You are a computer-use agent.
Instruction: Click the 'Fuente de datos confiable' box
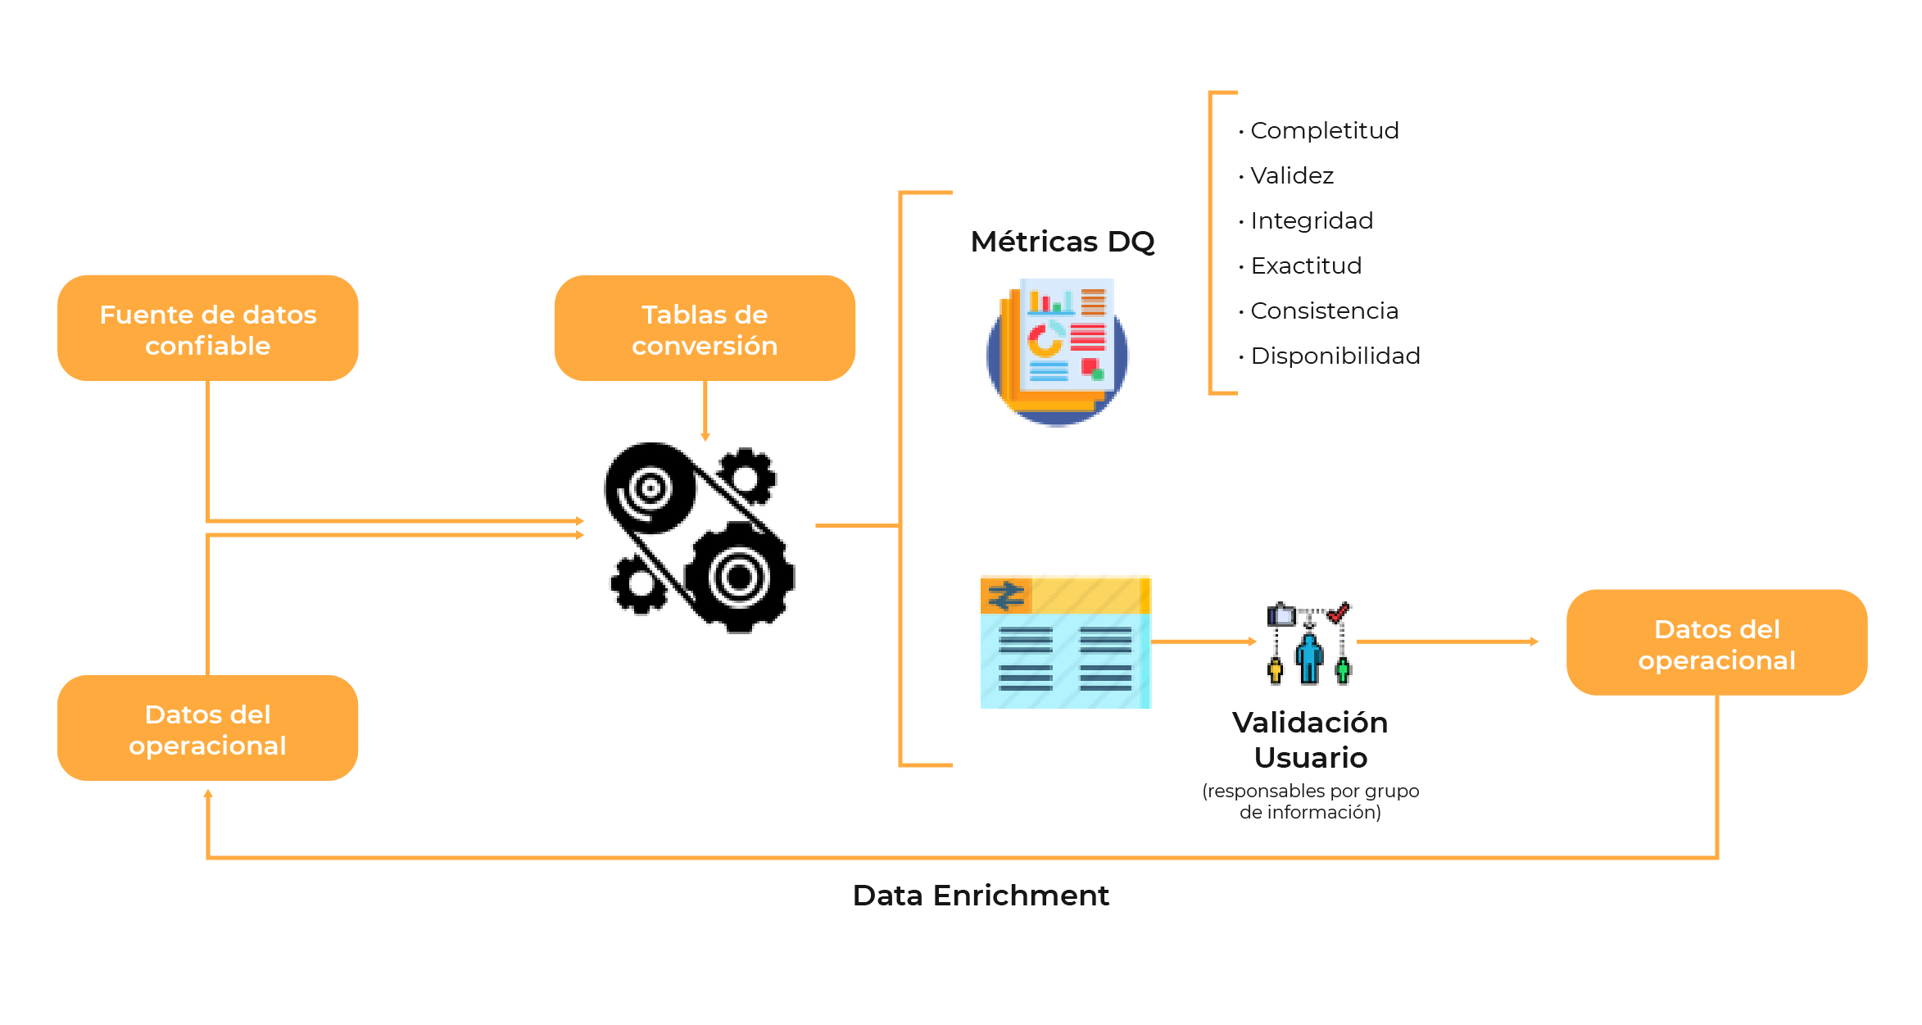click(207, 329)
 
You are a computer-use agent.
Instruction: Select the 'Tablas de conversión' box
click(705, 329)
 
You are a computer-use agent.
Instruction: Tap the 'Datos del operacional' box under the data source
click(207, 728)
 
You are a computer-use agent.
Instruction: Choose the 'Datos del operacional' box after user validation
click(1716, 643)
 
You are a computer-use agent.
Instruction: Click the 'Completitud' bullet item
click(1324, 130)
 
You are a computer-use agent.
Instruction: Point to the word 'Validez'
click(1292, 175)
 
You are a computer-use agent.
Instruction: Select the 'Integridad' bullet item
click(1312, 220)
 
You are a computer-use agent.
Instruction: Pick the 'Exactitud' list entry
click(1306, 265)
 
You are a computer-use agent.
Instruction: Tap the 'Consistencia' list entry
click(1324, 311)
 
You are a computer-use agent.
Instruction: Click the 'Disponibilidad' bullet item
click(1335, 356)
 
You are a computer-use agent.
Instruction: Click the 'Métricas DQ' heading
click(1063, 242)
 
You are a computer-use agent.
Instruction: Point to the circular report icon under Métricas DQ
click(1058, 352)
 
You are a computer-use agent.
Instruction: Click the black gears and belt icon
click(700, 537)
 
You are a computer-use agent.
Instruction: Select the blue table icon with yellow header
click(1065, 642)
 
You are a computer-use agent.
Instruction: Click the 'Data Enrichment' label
click(981, 896)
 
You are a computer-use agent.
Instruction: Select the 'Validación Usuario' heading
click(1310, 740)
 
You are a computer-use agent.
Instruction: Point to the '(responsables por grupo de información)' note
click(1310, 801)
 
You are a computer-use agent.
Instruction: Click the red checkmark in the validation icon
click(1340, 611)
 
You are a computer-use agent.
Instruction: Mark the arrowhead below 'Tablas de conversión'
click(705, 437)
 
